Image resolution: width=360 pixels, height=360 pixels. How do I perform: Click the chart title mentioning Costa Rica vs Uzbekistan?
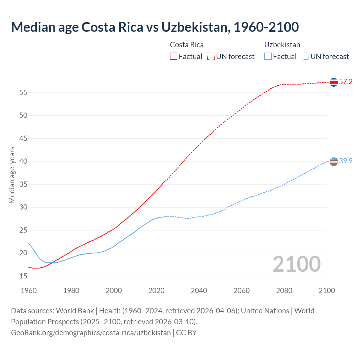click(x=155, y=27)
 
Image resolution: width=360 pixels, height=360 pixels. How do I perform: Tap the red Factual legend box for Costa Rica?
click(x=174, y=57)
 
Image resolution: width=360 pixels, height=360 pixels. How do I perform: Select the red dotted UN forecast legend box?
click(x=211, y=57)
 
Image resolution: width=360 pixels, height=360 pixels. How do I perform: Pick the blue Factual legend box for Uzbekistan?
click(x=268, y=57)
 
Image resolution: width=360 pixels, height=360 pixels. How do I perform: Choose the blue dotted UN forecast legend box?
click(x=305, y=57)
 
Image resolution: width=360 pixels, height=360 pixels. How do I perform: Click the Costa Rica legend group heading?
click(x=187, y=45)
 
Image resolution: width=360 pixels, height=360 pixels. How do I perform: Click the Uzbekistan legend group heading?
click(x=282, y=45)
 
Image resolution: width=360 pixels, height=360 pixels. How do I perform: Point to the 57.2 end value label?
click(x=346, y=82)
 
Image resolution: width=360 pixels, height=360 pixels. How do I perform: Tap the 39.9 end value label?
click(x=346, y=161)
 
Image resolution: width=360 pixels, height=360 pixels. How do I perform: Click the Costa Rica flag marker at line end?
click(x=334, y=82)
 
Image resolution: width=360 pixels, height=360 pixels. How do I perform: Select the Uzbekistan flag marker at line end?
click(x=334, y=161)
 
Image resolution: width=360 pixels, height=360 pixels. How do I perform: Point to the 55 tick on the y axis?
click(x=23, y=93)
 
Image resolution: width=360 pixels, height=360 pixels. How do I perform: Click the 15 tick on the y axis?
click(x=23, y=276)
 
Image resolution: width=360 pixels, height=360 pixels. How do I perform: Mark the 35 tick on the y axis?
click(x=23, y=184)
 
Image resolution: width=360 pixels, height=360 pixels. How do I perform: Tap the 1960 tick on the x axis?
click(x=29, y=291)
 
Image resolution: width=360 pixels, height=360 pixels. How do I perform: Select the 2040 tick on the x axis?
click(x=199, y=291)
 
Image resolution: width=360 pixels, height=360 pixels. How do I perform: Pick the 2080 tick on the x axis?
click(x=284, y=291)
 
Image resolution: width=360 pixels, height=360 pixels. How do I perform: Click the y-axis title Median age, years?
click(x=12, y=175)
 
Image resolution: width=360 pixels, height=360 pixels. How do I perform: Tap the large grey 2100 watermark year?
click(x=296, y=264)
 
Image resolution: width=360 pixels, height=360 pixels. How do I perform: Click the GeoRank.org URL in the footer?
click(x=91, y=333)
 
